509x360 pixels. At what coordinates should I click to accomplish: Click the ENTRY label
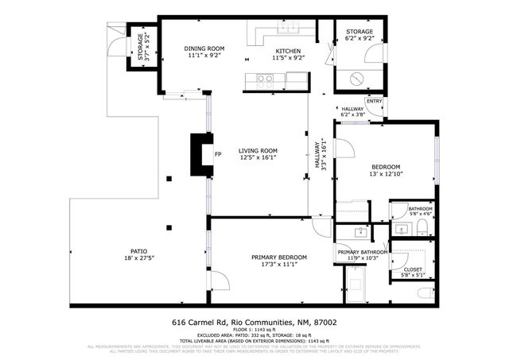pos(374,101)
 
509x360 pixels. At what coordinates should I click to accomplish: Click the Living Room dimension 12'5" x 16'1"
pos(258,157)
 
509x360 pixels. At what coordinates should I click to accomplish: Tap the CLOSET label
pos(413,269)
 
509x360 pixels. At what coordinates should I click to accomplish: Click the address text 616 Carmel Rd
pos(199,323)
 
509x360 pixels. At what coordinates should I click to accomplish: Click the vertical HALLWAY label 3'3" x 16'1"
pos(321,155)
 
